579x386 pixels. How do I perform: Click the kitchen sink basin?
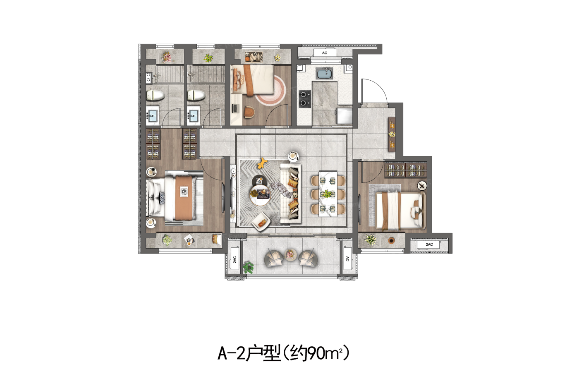pyautogui.click(x=324, y=73)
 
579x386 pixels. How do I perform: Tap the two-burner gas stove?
pyautogui.click(x=304, y=98)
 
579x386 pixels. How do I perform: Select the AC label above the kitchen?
pyautogui.click(x=325, y=53)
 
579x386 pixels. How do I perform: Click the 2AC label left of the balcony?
pyautogui.click(x=235, y=259)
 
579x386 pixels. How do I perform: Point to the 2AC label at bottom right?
pyautogui.click(x=429, y=245)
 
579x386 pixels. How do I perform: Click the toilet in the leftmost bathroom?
pyautogui.click(x=155, y=96)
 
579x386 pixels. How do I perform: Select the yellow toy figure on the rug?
pyautogui.click(x=262, y=163)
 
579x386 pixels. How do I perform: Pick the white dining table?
pyautogui.click(x=328, y=193)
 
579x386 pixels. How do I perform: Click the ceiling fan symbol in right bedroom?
pyautogui.click(x=422, y=185)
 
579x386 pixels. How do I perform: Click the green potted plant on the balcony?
pyautogui.click(x=249, y=267)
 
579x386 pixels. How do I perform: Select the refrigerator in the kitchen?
pyautogui.click(x=344, y=116)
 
